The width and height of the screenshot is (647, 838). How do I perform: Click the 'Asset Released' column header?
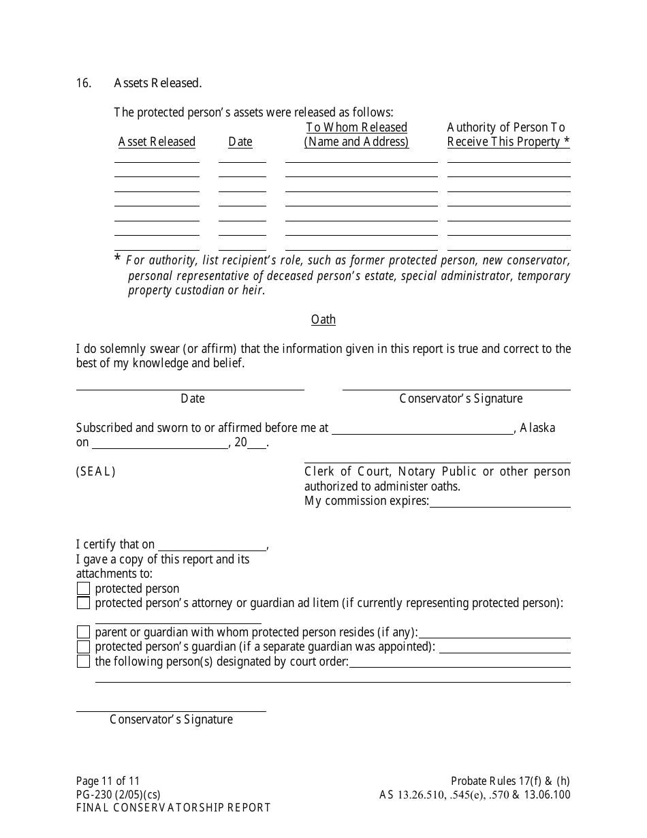(x=157, y=142)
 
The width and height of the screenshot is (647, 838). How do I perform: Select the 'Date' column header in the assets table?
(x=240, y=142)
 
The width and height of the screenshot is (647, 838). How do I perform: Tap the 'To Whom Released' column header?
(x=356, y=127)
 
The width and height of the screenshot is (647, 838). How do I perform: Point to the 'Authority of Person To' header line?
(x=506, y=127)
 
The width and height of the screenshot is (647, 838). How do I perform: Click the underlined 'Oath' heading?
(x=323, y=320)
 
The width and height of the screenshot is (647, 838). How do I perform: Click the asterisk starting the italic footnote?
(x=118, y=260)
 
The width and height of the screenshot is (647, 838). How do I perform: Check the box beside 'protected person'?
(x=83, y=589)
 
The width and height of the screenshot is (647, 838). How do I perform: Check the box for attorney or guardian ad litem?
(x=83, y=603)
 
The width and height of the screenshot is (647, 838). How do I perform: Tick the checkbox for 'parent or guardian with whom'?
(x=83, y=632)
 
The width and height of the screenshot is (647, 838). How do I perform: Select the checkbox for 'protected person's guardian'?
(x=83, y=647)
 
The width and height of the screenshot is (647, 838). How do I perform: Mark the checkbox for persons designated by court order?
(x=83, y=662)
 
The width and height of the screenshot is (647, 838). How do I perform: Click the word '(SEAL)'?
(x=96, y=471)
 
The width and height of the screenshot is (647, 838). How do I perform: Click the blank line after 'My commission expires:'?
(x=500, y=502)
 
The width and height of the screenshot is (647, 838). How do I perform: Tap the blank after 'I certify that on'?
(x=212, y=545)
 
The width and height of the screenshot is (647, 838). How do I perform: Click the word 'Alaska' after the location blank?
(x=537, y=428)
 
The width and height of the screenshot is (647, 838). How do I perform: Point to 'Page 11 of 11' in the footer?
(x=108, y=781)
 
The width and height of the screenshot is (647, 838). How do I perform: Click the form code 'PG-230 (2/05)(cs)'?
(x=119, y=794)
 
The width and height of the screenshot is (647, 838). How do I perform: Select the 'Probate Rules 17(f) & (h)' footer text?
(x=510, y=781)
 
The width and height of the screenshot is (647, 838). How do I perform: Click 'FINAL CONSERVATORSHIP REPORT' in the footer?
(x=174, y=808)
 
